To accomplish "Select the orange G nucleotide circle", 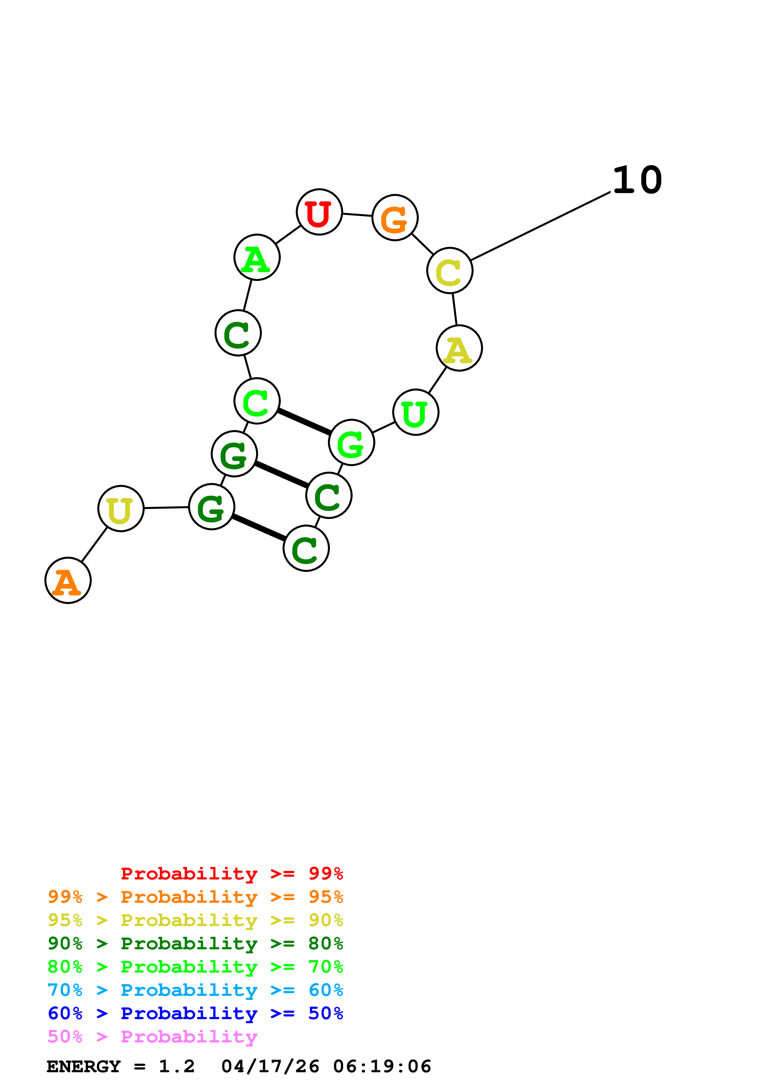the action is (395, 218).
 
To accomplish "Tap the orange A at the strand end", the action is (68, 580).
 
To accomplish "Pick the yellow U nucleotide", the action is (121, 508).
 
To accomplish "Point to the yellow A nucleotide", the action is (459, 348).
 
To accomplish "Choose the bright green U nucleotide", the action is (416, 412).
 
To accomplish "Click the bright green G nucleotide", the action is (351, 443).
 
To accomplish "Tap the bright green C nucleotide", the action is (257, 401).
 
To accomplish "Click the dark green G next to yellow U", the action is (211, 507).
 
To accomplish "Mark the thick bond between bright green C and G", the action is (304, 422).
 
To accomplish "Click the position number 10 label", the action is (637, 180).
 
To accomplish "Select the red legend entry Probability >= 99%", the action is (231, 873).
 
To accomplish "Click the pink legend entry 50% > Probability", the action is (152, 1036).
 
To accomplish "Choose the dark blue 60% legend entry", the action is (195, 1013).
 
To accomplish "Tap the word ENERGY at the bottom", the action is (84, 1066).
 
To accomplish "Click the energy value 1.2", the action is (176, 1066).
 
